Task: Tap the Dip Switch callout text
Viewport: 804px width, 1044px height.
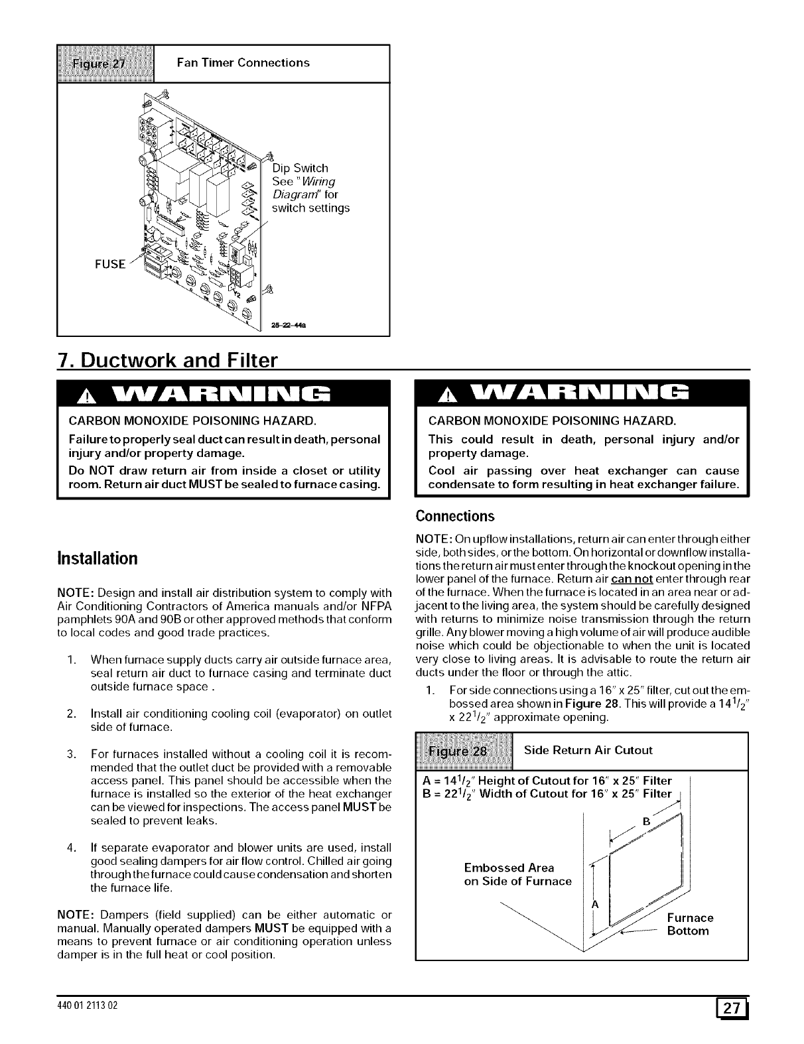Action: coord(301,168)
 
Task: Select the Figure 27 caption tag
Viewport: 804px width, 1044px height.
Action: coord(106,63)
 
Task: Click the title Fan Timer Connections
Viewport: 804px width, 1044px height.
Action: coord(243,63)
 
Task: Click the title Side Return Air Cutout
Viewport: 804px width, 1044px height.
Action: coord(588,750)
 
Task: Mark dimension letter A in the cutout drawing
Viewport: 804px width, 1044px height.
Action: coord(594,904)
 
